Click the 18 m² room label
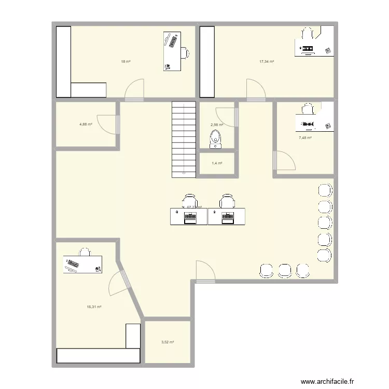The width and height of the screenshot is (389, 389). tap(126, 62)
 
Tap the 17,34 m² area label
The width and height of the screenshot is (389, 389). tap(267, 62)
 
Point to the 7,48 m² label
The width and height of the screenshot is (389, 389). tap(304, 137)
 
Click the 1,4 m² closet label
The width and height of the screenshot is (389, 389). tap(217, 163)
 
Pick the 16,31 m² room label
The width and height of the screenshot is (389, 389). tap(94, 307)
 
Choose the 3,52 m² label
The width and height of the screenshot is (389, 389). tap(168, 342)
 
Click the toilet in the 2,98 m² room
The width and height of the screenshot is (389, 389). tap(216, 138)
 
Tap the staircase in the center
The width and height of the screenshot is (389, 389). tap(184, 138)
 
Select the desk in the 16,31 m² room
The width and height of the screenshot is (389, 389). tap(83, 264)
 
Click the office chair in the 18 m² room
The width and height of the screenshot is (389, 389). tap(185, 52)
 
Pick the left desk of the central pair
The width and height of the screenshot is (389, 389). tap(189, 216)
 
